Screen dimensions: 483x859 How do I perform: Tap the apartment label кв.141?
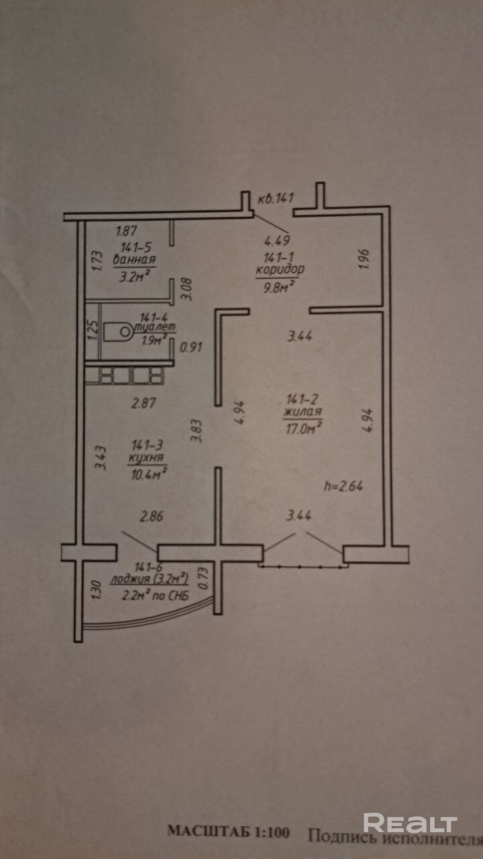[276, 198]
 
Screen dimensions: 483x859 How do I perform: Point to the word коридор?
[280, 270]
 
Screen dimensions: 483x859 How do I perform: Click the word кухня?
[147, 458]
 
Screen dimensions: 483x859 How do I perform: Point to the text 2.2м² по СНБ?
[154, 594]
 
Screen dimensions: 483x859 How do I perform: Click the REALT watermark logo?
[410, 823]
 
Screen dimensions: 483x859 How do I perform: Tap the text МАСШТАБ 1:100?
[228, 832]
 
